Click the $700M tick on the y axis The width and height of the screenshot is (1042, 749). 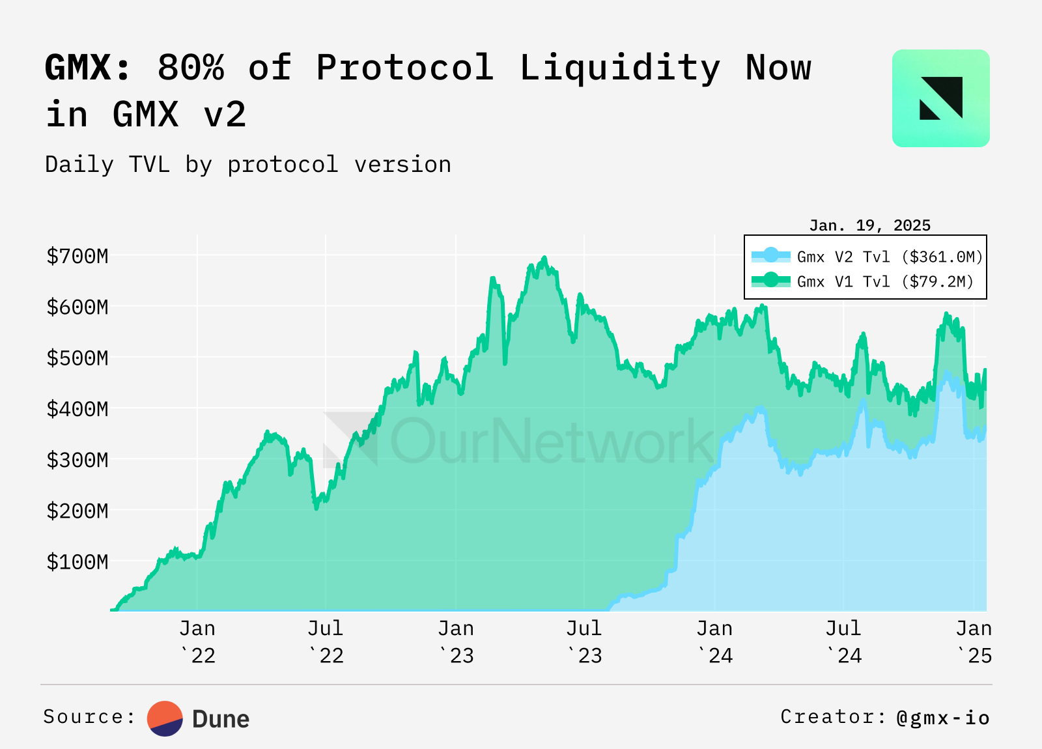tap(77, 256)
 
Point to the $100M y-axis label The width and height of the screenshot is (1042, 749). tap(77, 561)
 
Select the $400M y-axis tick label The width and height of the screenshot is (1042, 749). tap(77, 409)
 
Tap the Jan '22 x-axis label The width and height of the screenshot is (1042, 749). tap(197, 642)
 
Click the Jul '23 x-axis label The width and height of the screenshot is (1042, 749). tap(584, 642)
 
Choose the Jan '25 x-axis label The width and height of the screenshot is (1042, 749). tap(974, 642)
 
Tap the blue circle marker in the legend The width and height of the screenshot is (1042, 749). tap(771, 255)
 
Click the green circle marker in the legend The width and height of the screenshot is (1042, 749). tap(771, 280)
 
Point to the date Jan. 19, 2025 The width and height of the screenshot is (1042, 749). tap(869, 225)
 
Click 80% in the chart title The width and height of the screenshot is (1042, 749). tap(191, 68)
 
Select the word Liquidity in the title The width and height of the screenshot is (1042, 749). tap(619, 68)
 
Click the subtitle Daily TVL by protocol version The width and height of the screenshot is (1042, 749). tap(248, 165)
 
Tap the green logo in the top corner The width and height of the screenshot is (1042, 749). tap(940, 98)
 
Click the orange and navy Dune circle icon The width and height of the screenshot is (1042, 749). tap(165, 718)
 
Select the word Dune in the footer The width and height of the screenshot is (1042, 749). tap(221, 719)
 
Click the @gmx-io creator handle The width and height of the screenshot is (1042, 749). tap(942, 717)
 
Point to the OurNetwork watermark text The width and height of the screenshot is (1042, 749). tap(551, 441)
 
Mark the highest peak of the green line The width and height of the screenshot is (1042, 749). tap(544, 258)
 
